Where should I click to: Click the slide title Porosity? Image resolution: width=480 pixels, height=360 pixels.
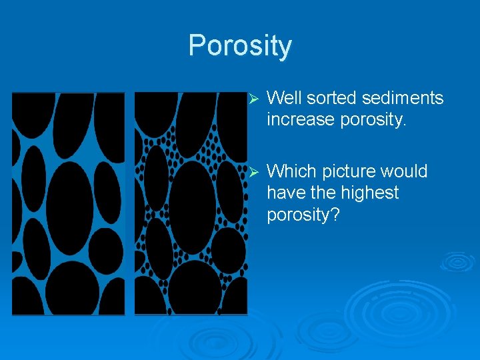[240, 46]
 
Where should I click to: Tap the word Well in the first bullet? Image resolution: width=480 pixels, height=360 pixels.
[283, 99]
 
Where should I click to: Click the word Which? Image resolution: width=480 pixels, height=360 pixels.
[289, 171]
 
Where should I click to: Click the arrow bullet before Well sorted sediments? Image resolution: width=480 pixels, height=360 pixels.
[252, 99]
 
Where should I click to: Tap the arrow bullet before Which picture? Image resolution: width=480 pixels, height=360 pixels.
[252, 172]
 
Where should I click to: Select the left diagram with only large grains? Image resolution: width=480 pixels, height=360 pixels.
[68, 203]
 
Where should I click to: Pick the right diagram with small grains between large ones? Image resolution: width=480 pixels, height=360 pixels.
[191, 203]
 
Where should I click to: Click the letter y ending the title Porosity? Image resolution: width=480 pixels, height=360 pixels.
[285, 49]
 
